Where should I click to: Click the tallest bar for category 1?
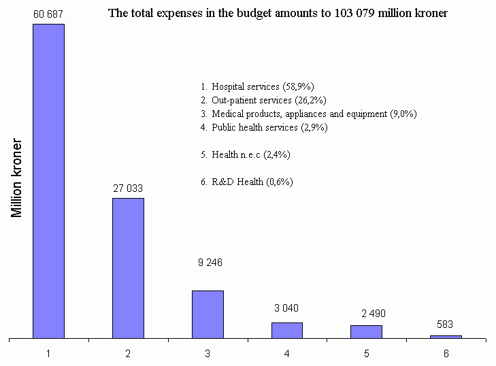[48, 181]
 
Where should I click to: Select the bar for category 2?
[128, 268]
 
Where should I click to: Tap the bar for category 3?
[208, 314]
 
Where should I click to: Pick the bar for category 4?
[287, 330]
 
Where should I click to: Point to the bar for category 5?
[366, 331]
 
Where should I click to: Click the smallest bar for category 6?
[446, 336]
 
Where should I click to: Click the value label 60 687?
[48, 14]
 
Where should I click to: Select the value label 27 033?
[128, 188]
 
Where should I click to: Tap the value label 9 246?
[210, 263]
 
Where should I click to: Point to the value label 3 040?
[286, 308]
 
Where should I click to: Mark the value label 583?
[445, 325]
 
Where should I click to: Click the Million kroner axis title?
[18, 179]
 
